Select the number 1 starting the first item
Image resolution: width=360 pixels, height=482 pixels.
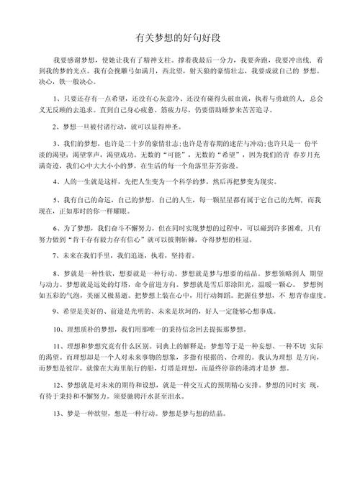pyautogui.click(x=55, y=99)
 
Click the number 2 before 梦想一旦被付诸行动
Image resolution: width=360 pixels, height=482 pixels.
pyautogui.click(x=55, y=127)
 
